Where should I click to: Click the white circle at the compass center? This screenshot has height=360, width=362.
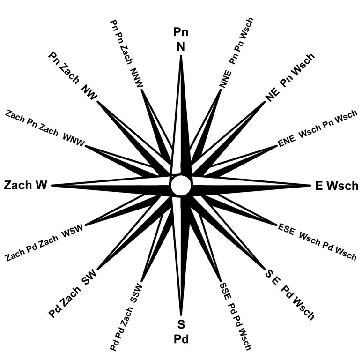(181, 186)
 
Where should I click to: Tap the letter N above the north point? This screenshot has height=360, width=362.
(181, 47)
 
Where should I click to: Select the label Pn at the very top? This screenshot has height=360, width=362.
(181, 32)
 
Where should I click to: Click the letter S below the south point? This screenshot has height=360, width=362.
(181, 324)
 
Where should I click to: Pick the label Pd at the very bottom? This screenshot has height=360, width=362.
(181, 338)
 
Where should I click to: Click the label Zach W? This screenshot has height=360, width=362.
(26, 185)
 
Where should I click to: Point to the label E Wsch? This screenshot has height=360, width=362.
(337, 186)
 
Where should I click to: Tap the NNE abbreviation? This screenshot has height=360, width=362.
(224, 78)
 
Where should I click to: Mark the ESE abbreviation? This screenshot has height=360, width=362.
(286, 230)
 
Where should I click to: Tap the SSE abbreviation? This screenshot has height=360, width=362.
(224, 293)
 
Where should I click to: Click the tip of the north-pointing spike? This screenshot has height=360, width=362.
(181, 56)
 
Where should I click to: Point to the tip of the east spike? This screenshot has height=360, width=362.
(310, 186)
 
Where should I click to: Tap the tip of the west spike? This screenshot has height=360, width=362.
(52, 186)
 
